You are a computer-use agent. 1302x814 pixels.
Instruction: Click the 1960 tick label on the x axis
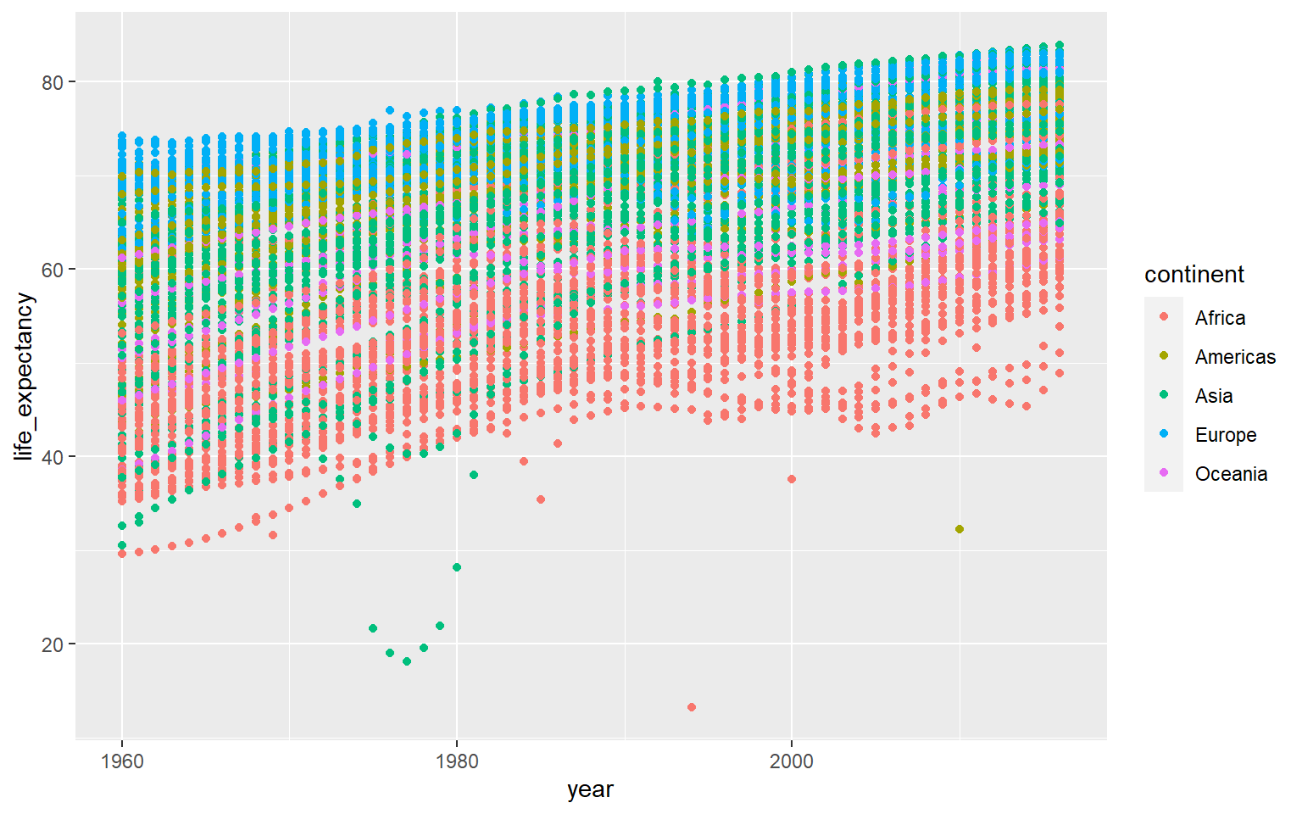[x=122, y=761]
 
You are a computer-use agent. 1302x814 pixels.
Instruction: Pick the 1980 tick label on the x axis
[x=457, y=761]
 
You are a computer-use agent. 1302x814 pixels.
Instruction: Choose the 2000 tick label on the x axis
[x=792, y=761]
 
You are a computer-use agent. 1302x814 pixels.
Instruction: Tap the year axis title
[x=590, y=789]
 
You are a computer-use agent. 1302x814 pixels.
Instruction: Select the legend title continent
[x=1193, y=275]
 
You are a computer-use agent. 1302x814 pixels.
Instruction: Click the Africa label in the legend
[x=1220, y=318]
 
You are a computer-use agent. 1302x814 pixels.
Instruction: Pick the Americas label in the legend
[x=1235, y=357]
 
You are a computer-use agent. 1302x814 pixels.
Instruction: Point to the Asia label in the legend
[x=1214, y=396]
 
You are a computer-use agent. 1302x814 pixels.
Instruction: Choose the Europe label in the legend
[x=1226, y=435]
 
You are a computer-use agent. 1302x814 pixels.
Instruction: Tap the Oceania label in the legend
[x=1231, y=474]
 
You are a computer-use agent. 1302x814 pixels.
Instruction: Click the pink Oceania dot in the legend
[x=1164, y=473]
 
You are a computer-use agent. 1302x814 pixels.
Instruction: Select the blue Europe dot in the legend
[x=1164, y=434]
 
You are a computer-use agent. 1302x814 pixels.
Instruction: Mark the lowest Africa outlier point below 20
[x=692, y=707]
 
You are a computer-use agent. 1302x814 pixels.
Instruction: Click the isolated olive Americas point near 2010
[x=960, y=529]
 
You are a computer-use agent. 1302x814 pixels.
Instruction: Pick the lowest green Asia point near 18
[x=407, y=661]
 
